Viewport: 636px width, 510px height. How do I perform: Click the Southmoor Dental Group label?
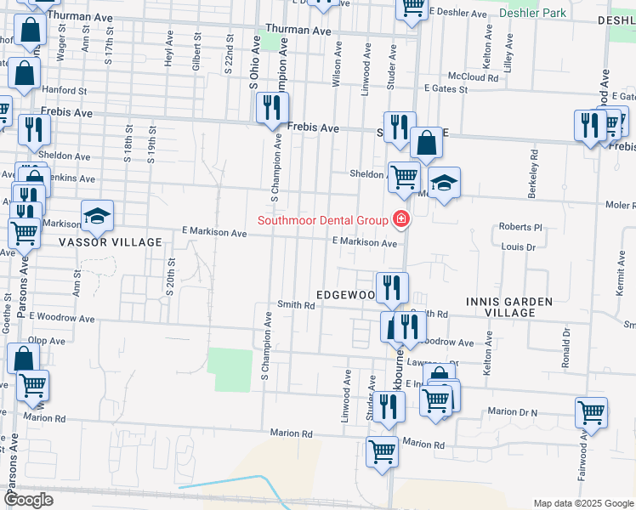(x=323, y=220)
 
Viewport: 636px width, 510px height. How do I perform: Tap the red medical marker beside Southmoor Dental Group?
(x=400, y=220)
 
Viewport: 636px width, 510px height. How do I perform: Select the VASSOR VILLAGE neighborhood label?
(x=110, y=242)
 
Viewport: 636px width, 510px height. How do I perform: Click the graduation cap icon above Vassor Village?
(x=97, y=215)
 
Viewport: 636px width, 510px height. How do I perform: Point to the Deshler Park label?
(x=532, y=14)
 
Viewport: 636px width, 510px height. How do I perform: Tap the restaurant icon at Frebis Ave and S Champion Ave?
(x=272, y=108)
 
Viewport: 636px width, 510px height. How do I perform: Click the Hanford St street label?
(x=65, y=89)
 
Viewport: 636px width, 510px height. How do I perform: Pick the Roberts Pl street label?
(x=520, y=228)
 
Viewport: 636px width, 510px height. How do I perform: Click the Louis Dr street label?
(x=518, y=247)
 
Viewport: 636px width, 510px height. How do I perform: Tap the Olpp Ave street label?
(x=46, y=341)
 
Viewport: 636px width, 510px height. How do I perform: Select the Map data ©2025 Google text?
(x=582, y=503)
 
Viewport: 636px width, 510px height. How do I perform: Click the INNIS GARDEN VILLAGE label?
(x=509, y=307)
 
